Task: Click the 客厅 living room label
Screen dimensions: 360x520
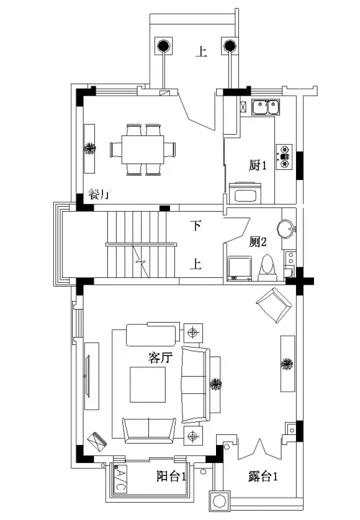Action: tap(161, 357)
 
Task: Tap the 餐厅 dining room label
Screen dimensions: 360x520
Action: tap(99, 194)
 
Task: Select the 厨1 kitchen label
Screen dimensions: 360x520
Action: tap(258, 165)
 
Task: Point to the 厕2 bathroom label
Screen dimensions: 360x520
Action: tap(258, 242)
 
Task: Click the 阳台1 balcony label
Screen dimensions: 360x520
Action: tap(171, 477)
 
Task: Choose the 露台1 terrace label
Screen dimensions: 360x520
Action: tap(263, 477)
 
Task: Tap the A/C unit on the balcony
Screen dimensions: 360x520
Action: tap(120, 478)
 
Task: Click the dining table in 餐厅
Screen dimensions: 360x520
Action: tap(143, 149)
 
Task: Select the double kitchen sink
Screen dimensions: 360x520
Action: tap(265, 107)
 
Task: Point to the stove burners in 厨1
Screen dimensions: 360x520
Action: tap(284, 157)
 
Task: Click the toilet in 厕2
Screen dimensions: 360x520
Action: tap(267, 269)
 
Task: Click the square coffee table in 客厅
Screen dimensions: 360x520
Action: tap(148, 385)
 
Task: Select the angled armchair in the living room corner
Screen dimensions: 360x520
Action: tap(274, 305)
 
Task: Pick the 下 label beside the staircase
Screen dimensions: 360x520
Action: tap(196, 225)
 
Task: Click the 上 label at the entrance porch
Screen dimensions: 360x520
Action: tap(201, 52)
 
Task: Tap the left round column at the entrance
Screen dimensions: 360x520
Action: tap(163, 46)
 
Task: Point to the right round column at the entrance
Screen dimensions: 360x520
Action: tap(230, 46)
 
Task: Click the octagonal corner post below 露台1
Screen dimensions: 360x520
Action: tap(219, 501)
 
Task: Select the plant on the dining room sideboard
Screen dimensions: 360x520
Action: tap(89, 148)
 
